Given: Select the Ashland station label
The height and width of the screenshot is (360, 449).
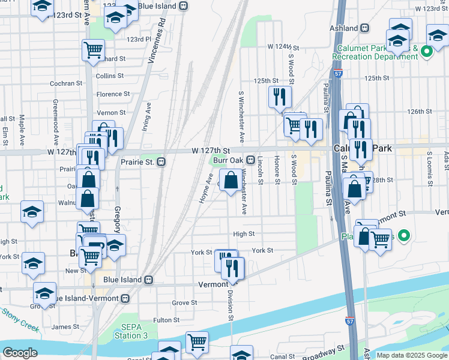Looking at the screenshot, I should pos(345,28).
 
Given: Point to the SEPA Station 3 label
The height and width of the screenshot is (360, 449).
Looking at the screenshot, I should pos(131,331).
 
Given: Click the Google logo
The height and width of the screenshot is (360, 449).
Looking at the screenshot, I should pos(20,353).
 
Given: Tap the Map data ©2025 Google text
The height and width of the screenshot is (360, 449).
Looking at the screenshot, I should pos(412,355).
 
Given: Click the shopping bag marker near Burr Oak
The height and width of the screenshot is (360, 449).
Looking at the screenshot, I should pos(231,180).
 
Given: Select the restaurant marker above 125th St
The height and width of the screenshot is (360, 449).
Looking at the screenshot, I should pos(279,97).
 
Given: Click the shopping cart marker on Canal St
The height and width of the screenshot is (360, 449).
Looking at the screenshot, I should pos(197,342).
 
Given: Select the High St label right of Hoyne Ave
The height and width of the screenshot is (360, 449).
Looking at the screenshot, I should pos(244,234).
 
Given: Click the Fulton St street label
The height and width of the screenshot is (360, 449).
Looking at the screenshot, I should pos(163,320).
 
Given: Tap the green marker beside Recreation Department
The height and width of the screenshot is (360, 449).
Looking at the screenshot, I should pos(426,52).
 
